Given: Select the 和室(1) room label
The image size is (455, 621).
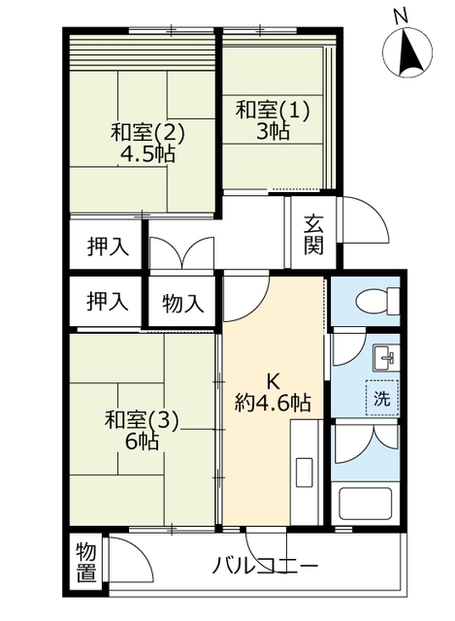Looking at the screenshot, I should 274,110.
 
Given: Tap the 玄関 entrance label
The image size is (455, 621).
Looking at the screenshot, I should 313,234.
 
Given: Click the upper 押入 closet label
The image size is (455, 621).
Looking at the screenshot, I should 107,245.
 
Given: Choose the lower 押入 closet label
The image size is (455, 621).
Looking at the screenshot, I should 107,302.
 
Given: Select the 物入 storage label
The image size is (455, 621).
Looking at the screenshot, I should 183,303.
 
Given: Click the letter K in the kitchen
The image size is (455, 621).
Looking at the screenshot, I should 274,380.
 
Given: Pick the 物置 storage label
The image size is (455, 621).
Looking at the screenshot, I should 87,563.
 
